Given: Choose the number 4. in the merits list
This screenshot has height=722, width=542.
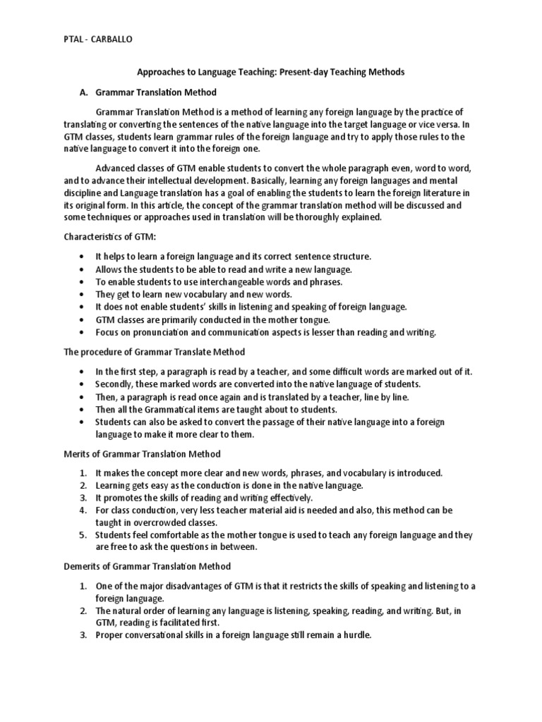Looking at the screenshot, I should click(83, 510).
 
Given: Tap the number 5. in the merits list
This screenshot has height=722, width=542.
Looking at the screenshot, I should click(83, 534).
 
